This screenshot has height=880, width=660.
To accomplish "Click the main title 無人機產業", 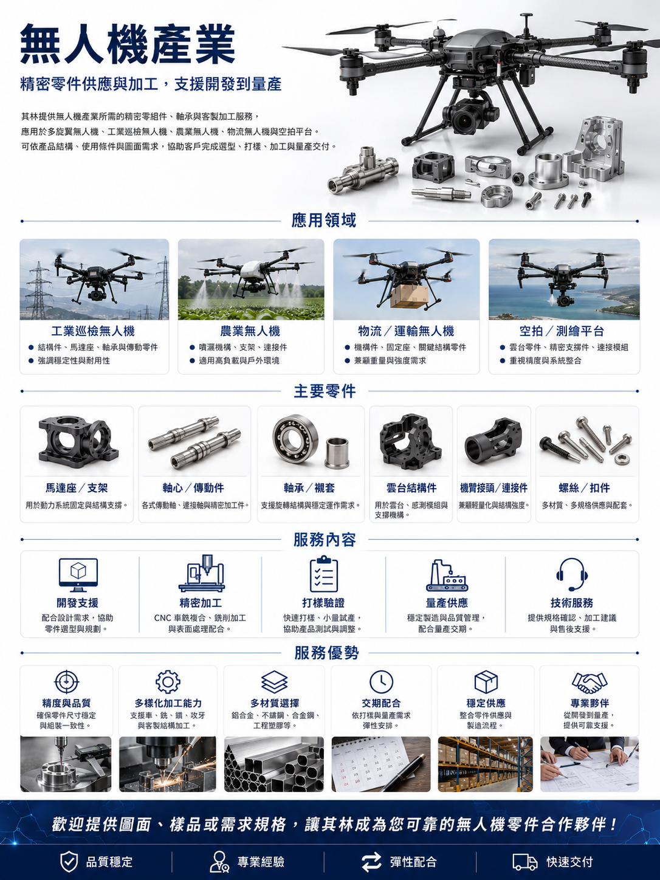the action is tap(128, 44).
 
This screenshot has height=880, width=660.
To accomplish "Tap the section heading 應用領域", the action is tap(324, 221).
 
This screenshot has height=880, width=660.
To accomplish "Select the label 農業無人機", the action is tap(250, 331).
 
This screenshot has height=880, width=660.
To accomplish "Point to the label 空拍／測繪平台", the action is tap(562, 331).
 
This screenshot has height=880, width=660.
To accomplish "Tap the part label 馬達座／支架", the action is tap(77, 488).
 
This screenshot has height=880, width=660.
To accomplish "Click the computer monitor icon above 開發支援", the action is tap(78, 574).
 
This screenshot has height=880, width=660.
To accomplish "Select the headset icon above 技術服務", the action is tap(572, 574).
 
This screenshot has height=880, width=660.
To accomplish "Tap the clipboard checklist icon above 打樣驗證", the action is tap(324, 574).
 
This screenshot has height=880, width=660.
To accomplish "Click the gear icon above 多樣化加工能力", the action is tap(168, 681).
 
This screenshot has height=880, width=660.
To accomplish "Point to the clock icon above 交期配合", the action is tap(381, 681).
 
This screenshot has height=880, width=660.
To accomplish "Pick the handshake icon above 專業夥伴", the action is tap(590, 682).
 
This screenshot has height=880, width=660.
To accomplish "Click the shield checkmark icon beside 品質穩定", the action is tap(69, 862).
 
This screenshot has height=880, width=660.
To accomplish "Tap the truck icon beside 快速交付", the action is tap(525, 862).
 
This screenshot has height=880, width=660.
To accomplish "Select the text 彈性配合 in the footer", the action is tap(413, 862).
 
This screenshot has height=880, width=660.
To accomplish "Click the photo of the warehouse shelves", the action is tap(485, 764).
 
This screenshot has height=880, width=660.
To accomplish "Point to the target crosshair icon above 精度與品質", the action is tap(66, 681).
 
